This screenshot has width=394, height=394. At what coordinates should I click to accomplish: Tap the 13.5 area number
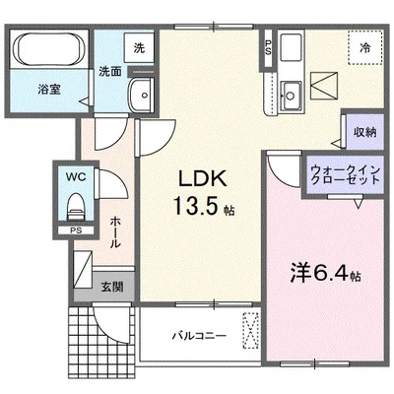click(x=198, y=209)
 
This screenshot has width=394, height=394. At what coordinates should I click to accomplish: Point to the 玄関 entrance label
click(x=110, y=287)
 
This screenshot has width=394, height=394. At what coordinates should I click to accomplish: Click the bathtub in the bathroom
click(x=50, y=50)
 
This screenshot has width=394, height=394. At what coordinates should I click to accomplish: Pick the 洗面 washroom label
click(x=108, y=71)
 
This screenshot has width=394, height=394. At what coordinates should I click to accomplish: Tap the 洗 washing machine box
click(x=140, y=46)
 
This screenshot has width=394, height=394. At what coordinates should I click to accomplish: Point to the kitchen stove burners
click(x=293, y=48)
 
